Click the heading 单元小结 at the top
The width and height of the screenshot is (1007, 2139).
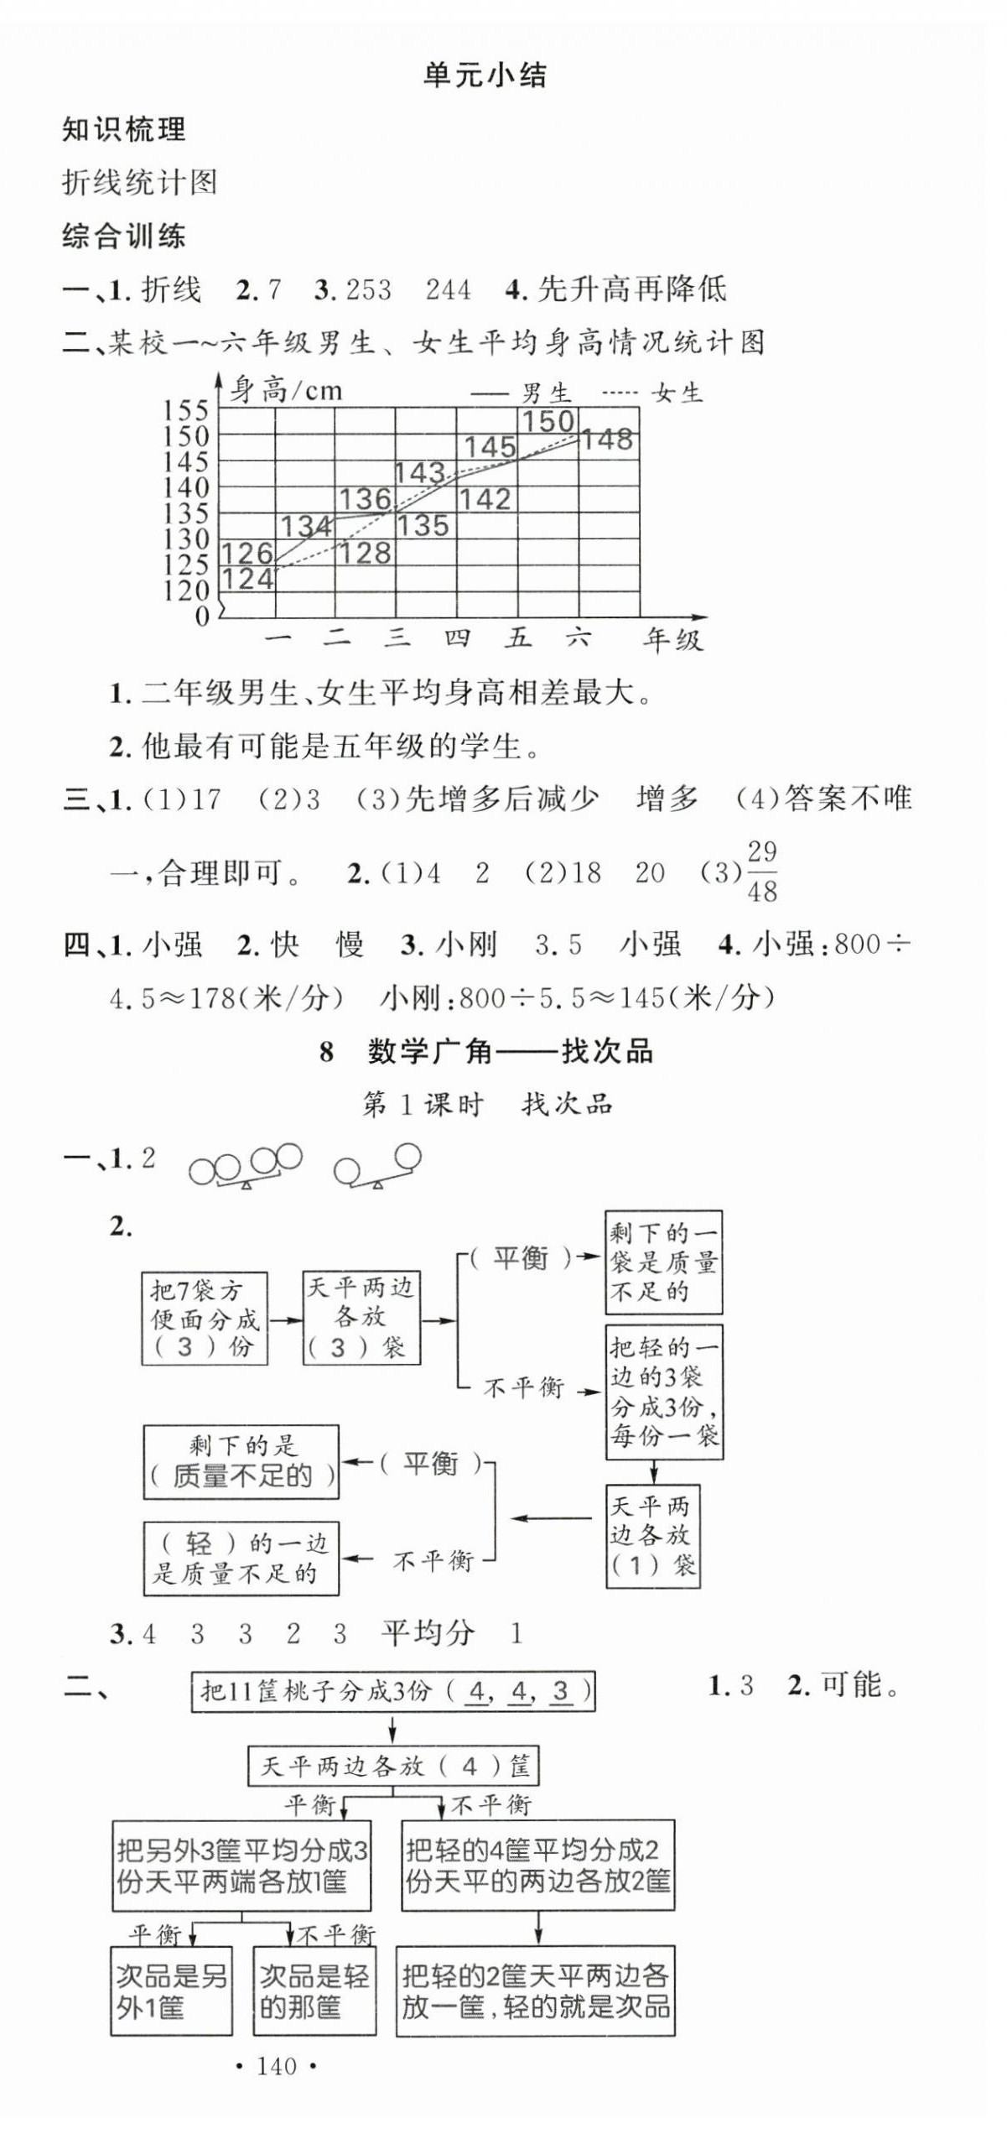(x=485, y=76)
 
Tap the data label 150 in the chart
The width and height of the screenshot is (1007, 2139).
(x=548, y=422)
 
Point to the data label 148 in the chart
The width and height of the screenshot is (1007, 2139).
(x=607, y=439)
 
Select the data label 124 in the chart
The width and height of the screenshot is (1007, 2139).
(x=248, y=579)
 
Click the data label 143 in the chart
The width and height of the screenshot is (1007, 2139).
(x=419, y=473)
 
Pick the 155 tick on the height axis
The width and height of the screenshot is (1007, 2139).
(x=185, y=410)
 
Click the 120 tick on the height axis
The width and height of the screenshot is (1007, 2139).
(x=185, y=591)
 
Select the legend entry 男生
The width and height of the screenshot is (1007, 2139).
(x=545, y=393)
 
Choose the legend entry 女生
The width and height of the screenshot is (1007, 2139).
(x=676, y=393)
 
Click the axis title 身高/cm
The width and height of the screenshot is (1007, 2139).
(x=285, y=390)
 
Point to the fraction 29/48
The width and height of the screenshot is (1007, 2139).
(x=761, y=872)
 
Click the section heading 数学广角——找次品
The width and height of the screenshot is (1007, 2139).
(x=510, y=1052)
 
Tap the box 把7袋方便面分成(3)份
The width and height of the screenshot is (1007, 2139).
(x=204, y=1319)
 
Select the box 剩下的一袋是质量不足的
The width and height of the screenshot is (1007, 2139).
(x=663, y=1262)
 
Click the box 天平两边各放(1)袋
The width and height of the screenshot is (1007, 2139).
(x=652, y=1536)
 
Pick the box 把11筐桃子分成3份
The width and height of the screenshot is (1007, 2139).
(x=393, y=1691)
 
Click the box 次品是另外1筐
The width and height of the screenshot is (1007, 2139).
(x=171, y=1991)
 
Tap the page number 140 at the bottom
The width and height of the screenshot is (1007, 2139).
(x=277, y=2066)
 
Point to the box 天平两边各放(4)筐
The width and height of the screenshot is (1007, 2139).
(x=393, y=1766)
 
